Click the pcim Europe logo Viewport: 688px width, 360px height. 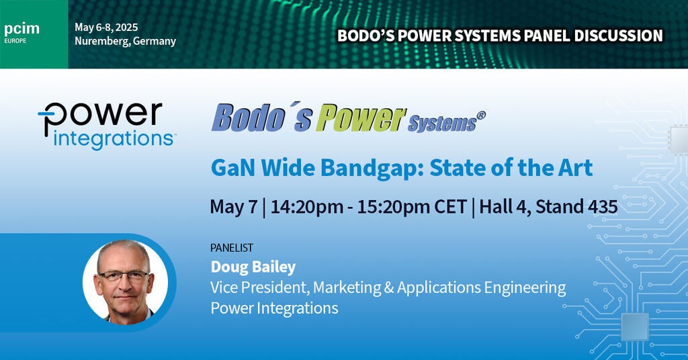[21, 32]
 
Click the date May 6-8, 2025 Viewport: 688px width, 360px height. [106, 27]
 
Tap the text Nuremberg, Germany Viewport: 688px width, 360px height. [125, 41]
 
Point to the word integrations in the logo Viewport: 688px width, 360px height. [113, 140]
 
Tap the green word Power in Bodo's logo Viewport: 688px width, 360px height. [361, 118]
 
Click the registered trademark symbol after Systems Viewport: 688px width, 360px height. [481, 116]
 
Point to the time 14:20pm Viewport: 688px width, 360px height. [307, 206]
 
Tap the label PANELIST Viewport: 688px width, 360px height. [232, 248]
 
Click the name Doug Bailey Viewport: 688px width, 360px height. [253, 267]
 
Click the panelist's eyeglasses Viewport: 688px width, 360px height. [124, 276]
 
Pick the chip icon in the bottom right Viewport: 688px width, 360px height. [635, 326]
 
